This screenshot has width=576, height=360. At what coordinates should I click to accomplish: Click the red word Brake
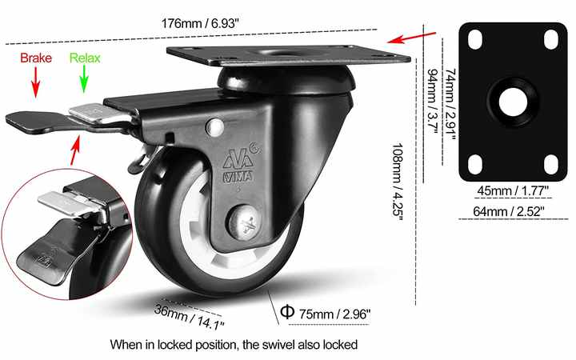[x=36, y=58]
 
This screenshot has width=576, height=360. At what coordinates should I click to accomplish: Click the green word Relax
[x=85, y=58]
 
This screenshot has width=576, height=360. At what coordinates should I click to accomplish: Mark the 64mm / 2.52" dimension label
[x=509, y=211]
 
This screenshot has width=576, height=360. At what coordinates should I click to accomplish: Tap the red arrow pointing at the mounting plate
[x=411, y=37]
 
